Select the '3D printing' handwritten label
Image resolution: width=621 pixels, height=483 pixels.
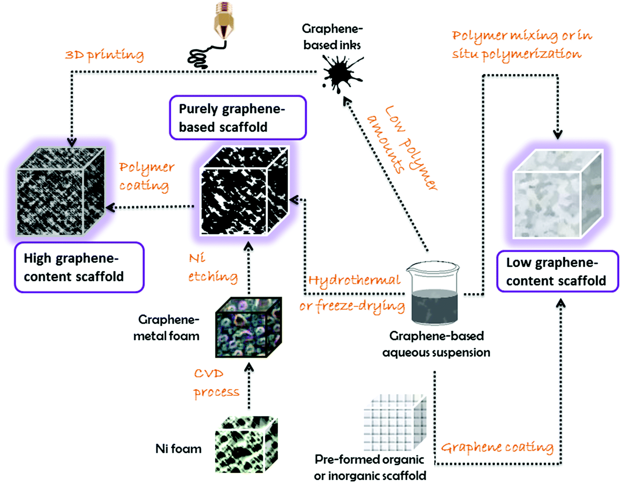105,55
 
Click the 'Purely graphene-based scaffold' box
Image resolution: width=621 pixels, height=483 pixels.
238,118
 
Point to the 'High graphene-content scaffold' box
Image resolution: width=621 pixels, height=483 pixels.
79,267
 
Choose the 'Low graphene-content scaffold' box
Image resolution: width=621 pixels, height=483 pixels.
557,271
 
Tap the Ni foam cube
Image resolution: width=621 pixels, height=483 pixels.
246,445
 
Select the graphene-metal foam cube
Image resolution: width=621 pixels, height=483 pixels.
248,327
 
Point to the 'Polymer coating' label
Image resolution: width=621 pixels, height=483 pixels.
146,176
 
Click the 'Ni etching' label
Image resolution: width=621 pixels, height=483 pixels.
212,268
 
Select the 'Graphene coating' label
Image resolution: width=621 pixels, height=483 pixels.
497,447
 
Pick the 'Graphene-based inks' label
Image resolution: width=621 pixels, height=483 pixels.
332,36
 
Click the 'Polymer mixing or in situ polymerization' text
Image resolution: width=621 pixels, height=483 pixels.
521,45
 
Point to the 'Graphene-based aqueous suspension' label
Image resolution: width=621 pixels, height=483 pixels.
436,344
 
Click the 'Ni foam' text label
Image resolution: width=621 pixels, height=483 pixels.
178,449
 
